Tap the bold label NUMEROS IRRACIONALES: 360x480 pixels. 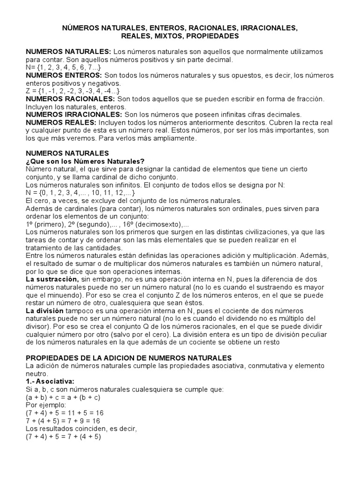(x=74, y=114)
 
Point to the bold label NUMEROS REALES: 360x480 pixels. (x=62, y=122)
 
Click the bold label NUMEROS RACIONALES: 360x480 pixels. (x=70, y=99)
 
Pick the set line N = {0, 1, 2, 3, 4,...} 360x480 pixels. (x=81, y=193)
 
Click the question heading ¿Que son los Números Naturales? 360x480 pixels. (x=85, y=161)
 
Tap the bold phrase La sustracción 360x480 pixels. (x=52, y=279)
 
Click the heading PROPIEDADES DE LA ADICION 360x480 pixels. (x=126, y=358)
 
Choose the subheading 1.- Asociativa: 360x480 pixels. (x=50, y=382)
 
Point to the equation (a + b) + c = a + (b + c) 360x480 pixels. (x=63, y=397)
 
